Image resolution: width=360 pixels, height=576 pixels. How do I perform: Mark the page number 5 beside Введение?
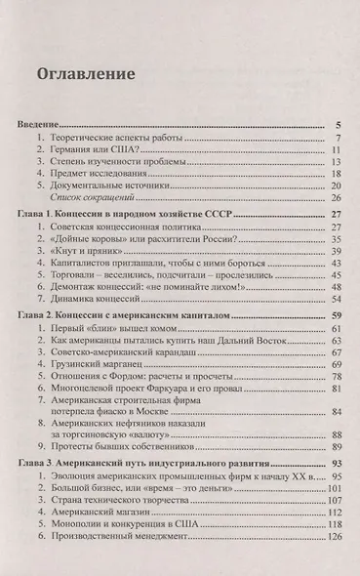click(x=337, y=125)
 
